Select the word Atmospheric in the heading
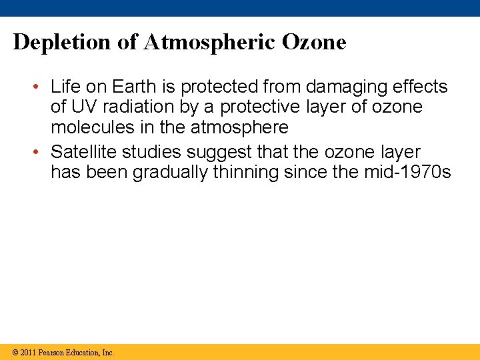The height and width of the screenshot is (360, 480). pos(202,43)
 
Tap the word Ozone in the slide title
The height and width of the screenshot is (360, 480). pos(314,43)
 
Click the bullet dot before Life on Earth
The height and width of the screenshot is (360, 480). pos(39,87)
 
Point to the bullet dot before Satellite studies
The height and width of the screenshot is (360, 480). pos(39,151)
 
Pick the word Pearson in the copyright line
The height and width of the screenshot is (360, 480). pos(53,353)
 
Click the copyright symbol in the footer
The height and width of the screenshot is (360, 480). pos(14,353)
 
